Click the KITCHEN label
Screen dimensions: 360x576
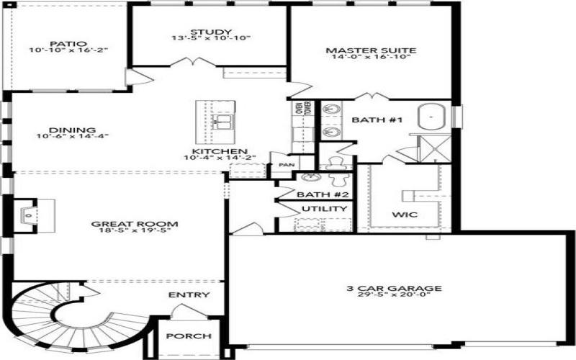click(x=210, y=152)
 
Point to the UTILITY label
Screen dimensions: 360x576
click(x=325, y=209)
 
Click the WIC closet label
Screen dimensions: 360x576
click(x=404, y=215)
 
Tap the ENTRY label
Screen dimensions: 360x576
click(x=189, y=295)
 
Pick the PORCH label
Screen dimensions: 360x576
click(x=189, y=336)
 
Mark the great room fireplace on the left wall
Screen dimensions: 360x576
click(x=27, y=215)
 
